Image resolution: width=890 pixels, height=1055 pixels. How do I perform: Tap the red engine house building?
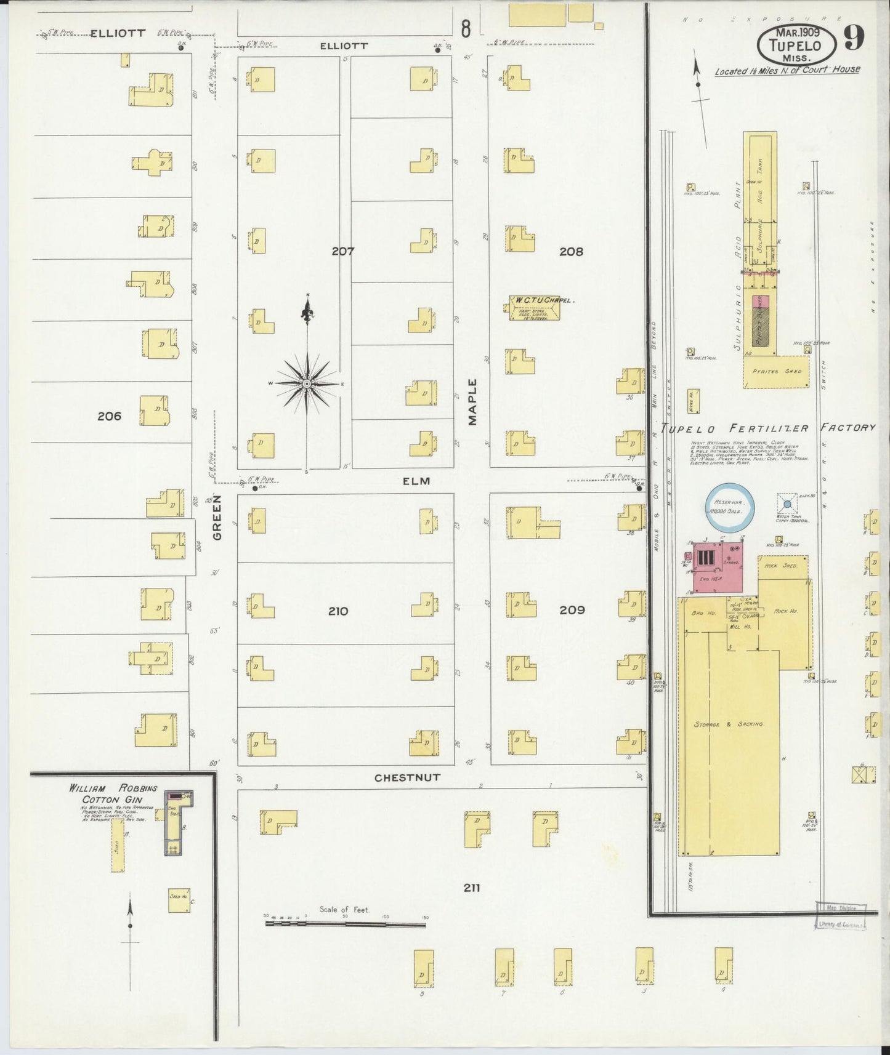[718, 568]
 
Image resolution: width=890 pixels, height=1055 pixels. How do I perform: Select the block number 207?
[342, 251]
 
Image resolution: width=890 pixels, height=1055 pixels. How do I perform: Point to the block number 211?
[472, 888]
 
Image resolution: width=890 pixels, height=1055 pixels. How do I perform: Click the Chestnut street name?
[407, 777]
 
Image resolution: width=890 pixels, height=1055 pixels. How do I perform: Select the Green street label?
[217, 526]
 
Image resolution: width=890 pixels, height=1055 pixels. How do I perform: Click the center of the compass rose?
[307, 383]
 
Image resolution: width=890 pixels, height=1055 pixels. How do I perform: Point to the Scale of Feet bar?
[346, 923]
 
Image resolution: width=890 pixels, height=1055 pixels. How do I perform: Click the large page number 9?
[854, 38]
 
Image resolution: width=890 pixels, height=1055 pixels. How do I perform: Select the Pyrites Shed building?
[776, 372]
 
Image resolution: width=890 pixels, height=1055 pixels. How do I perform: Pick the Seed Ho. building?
[179, 899]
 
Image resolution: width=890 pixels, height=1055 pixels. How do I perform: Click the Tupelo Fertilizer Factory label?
[767, 428]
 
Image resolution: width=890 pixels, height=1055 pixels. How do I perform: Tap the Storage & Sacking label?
[729, 724]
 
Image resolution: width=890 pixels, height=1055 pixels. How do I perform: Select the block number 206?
[109, 416]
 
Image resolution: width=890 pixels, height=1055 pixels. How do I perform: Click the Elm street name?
[416, 481]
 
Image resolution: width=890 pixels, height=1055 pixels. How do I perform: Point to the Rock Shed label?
[782, 565]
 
